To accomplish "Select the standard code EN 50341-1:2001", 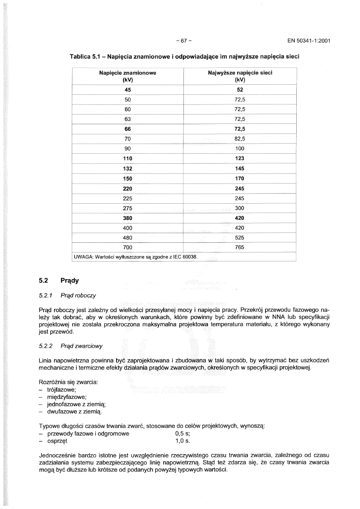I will (x=309, y=41).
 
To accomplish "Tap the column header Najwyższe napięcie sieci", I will (x=240, y=73).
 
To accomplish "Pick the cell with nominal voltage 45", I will (x=127, y=90).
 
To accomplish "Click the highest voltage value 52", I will (x=240, y=90).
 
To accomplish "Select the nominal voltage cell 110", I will (x=127, y=159).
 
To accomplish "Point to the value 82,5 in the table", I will (x=240, y=139).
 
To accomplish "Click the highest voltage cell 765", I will (x=240, y=247).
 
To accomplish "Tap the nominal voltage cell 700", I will (x=127, y=247).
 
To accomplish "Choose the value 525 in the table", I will (x=240, y=238).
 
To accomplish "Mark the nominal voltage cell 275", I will (x=127, y=208).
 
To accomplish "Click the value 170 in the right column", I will (x=240, y=178).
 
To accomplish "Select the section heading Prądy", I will (x=70, y=280).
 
